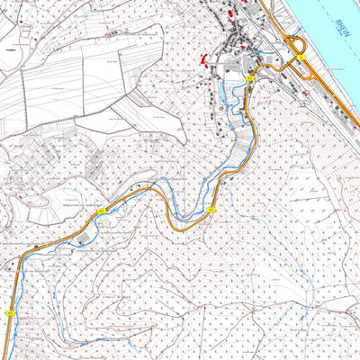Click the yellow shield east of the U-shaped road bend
point(211,210)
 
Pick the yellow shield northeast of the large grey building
point(101,211)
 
